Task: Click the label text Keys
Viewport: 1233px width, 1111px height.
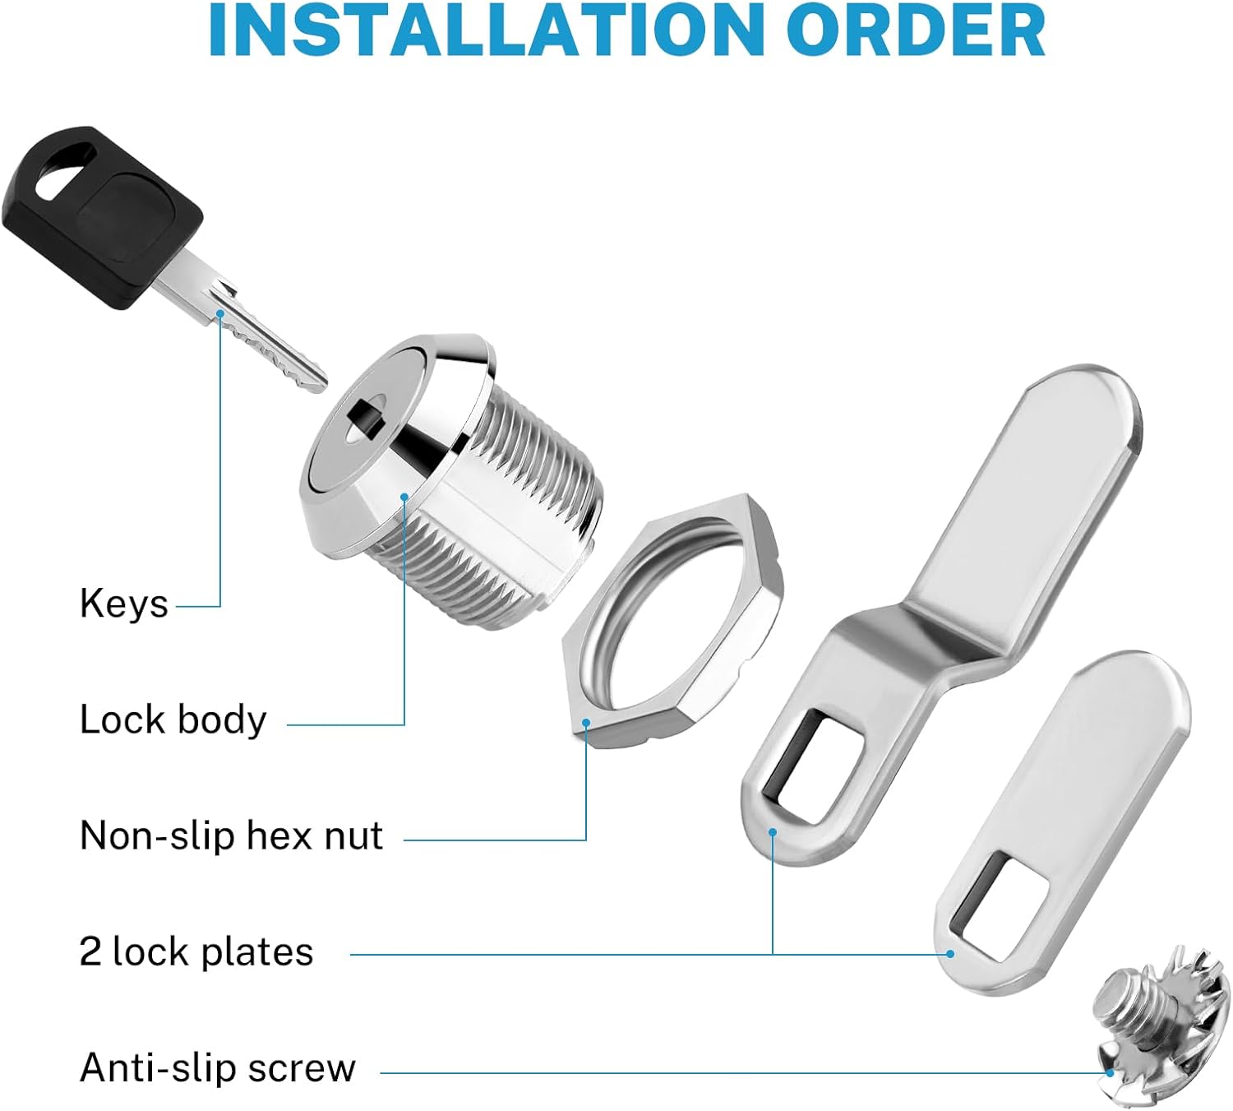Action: [x=124, y=604]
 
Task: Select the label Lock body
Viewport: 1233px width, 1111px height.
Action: [x=173, y=720]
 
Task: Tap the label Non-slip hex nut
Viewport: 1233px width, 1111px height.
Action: [x=231, y=836]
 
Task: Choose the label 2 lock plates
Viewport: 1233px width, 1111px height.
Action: [x=196, y=952]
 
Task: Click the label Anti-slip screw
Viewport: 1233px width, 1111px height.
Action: [x=218, y=1068]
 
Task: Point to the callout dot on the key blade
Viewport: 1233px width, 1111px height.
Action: [x=220, y=313]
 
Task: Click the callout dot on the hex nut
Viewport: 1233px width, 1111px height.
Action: [x=586, y=723]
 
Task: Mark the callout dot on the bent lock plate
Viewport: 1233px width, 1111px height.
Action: [x=773, y=832]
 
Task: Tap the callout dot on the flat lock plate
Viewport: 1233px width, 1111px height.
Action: [x=950, y=954]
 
